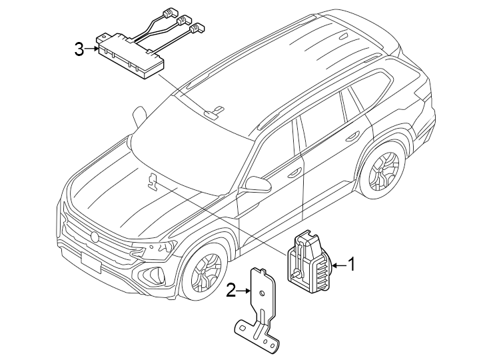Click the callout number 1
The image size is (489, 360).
click(x=351, y=265)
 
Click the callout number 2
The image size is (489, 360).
click(x=231, y=290)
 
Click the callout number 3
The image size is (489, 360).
click(x=79, y=49)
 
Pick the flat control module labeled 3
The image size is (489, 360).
click(x=129, y=57)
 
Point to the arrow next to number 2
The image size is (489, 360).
click(x=244, y=291)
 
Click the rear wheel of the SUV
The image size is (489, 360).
click(x=382, y=171)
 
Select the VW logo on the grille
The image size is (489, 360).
click(x=95, y=236)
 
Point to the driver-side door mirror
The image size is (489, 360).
click(x=255, y=183)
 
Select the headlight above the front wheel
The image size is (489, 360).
click(x=157, y=251)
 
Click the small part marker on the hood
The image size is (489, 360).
click(x=153, y=179)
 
